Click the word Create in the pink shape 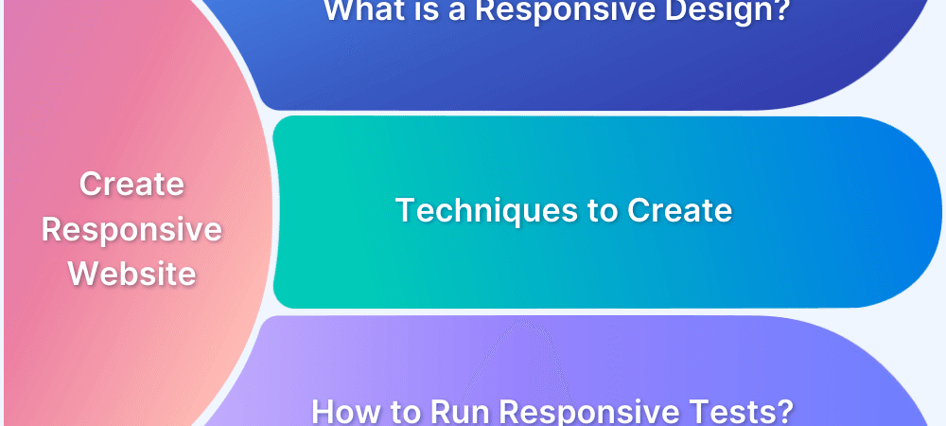coord(132,184)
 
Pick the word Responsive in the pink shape coord(132,230)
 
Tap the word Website coord(132,274)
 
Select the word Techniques coord(486,211)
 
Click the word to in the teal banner coord(602,211)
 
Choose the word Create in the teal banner coord(680,210)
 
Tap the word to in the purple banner coord(406,412)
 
